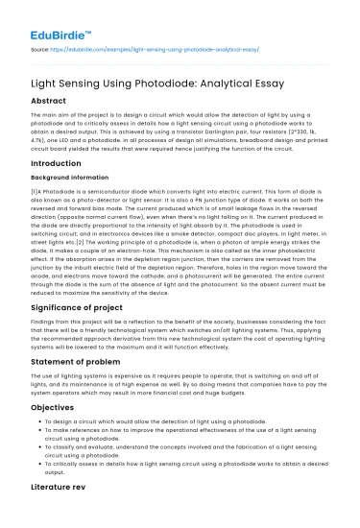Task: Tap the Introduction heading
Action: click(59, 163)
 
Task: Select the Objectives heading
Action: click(56, 431)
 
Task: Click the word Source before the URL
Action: click(40, 45)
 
